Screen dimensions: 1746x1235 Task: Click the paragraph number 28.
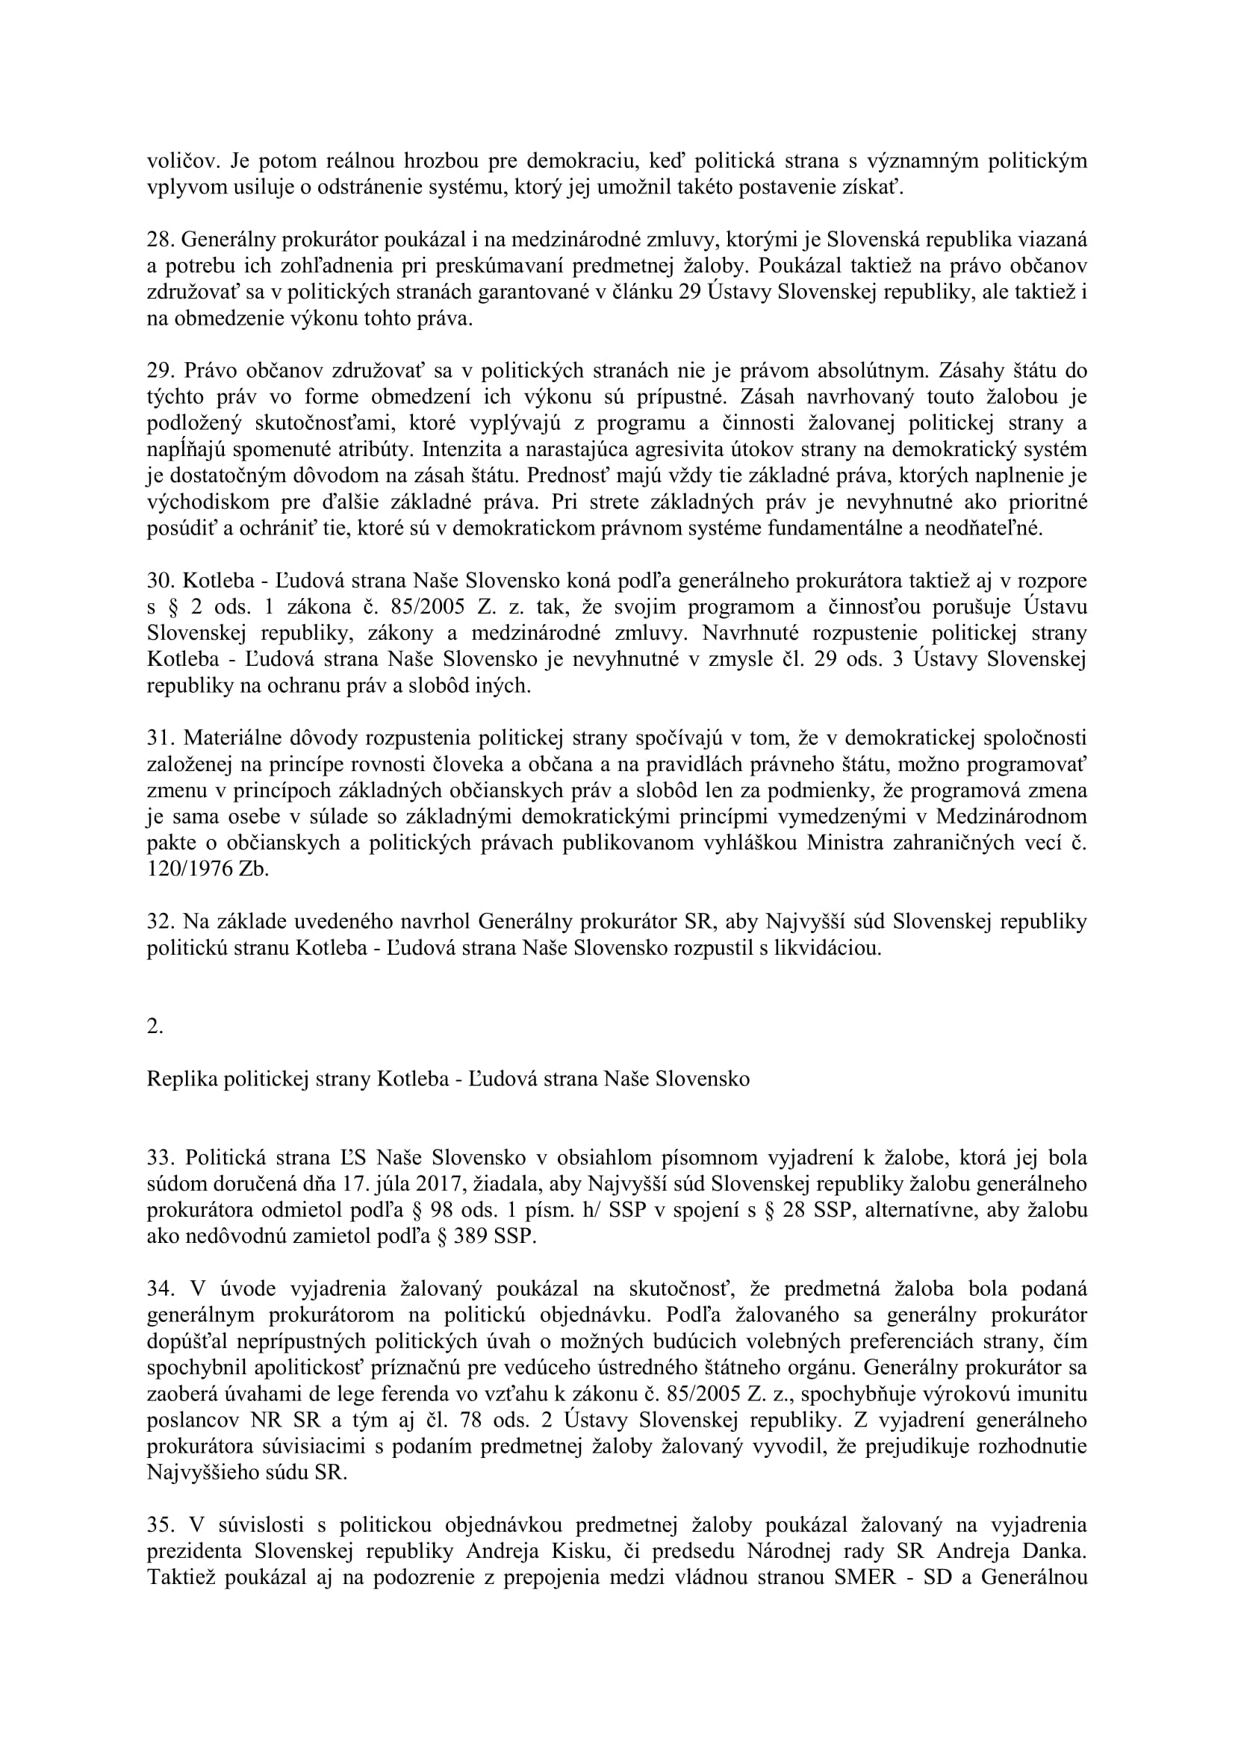(160, 240)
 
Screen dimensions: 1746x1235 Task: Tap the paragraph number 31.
(160, 738)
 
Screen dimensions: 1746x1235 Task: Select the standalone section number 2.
(155, 1026)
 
